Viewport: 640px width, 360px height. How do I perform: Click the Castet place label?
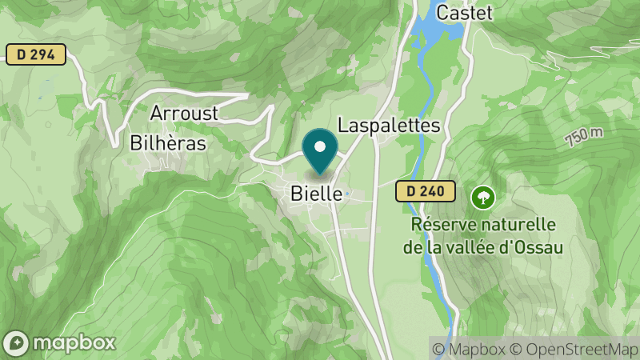pos(465,13)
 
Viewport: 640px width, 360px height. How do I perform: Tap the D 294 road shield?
pos(35,54)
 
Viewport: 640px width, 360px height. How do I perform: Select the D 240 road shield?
pos(425,191)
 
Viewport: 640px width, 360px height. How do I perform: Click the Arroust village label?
pos(184,113)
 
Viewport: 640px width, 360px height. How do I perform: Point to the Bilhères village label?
pos(168,143)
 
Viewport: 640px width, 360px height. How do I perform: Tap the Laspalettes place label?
pos(390,126)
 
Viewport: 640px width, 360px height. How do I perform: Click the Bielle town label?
pos(317,194)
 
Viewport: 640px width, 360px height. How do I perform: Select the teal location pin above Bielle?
pos(321,151)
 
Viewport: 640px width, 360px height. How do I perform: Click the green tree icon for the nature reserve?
pos(482,196)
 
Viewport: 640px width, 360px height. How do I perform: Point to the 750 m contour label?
pos(584,137)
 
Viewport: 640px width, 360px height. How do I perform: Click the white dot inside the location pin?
pos(321,146)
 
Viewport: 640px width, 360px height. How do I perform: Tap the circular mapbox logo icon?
pos(17,342)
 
